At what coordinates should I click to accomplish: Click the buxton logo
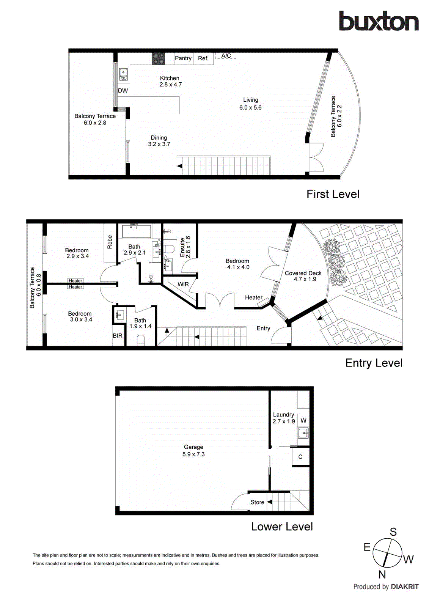[379, 21]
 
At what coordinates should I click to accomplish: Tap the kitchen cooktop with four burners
[158, 58]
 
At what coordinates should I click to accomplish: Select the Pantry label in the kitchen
[183, 58]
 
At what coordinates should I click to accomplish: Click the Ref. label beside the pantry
[203, 58]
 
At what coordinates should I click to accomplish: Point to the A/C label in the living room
[226, 56]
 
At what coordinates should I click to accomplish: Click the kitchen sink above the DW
[123, 74]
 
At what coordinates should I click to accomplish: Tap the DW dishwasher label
[123, 91]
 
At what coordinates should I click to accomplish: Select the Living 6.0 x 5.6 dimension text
[250, 108]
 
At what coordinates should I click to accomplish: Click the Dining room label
[159, 138]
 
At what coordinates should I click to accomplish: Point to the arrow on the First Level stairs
[180, 166]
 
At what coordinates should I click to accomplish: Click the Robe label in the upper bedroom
[110, 242]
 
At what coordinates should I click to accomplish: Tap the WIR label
[183, 284]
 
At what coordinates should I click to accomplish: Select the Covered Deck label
[303, 273]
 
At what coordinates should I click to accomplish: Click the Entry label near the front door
[263, 329]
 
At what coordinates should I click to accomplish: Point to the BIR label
[118, 336]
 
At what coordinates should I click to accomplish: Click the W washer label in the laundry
[303, 420]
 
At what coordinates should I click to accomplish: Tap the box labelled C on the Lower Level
[300, 457]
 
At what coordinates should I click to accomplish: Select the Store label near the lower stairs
[257, 502]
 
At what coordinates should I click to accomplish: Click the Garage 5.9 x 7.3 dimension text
[193, 454]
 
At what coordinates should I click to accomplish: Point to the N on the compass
[382, 574]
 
